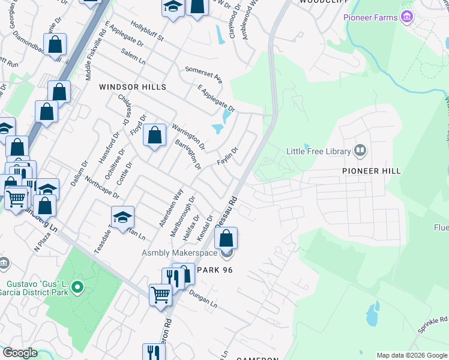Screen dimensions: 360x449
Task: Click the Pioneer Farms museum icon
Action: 408,17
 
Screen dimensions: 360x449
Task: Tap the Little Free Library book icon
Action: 360,150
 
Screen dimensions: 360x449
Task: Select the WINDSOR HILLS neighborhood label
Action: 132,87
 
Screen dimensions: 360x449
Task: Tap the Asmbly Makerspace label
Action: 179,254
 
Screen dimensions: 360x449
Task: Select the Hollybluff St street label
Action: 142,34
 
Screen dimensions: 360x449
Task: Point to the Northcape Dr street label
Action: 102,188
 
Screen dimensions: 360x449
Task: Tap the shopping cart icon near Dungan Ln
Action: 160,295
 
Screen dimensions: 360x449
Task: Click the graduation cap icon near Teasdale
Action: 122,217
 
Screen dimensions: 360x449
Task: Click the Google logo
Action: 20,353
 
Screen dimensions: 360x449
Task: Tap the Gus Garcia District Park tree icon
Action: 77,289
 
